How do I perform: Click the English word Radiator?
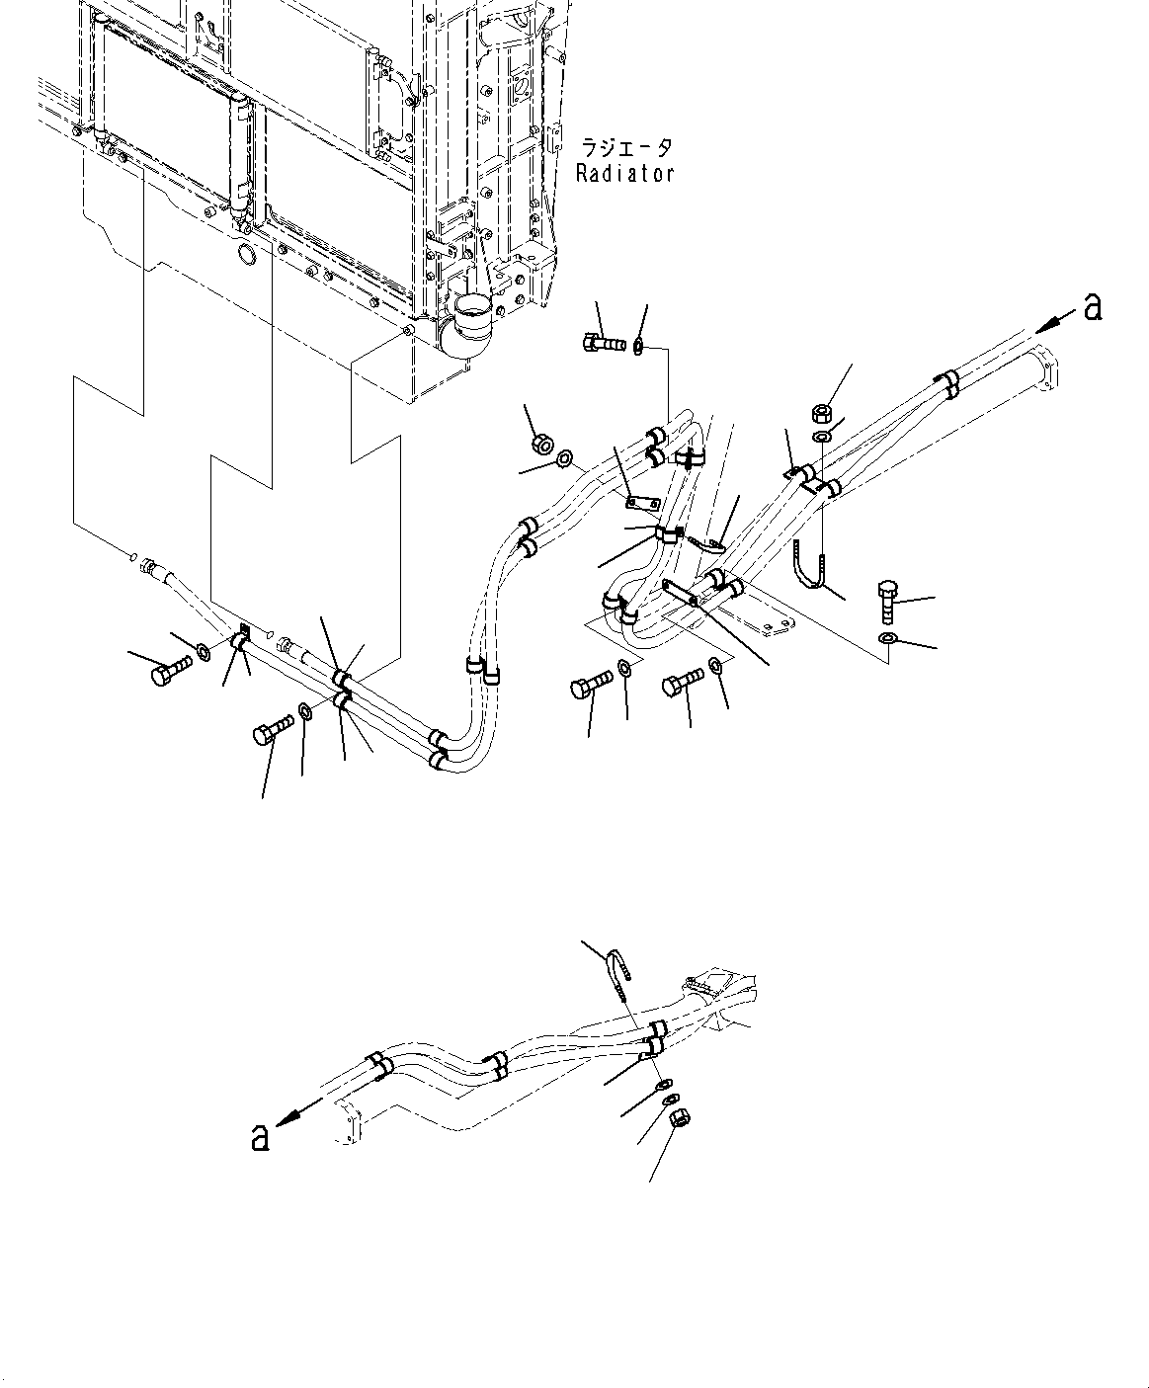tap(625, 173)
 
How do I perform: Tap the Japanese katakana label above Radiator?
tap(625, 148)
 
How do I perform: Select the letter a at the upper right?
tap(1091, 307)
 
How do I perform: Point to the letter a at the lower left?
tap(260, 1137)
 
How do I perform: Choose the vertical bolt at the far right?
tap(886, 599)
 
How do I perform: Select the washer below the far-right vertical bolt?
tap(886, 640)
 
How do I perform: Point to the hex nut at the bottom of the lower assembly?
tap(681, 1118)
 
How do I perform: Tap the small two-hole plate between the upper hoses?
tap(642, 504)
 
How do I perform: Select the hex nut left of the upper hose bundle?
tap(540, 443)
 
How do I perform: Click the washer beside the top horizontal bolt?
tap(639, 347)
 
